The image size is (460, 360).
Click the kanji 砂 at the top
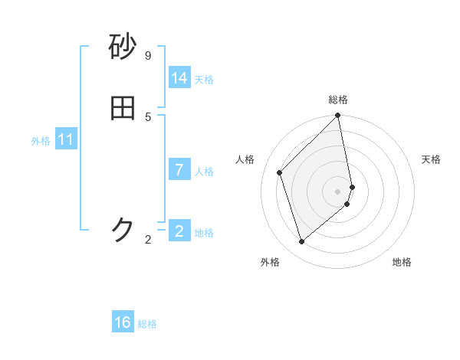tap(123, 47)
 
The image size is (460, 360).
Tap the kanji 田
tap(123, 109)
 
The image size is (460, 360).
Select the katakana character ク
tap(123, 230)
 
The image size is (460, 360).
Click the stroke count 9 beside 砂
tap(148, 56)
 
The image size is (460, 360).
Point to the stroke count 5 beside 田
tap(148, 116)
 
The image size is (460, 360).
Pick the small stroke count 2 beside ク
tap(148, 240)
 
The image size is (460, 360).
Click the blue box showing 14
tap(179, 78)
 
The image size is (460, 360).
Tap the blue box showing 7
tap(179, 170)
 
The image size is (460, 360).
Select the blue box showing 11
tap(66, 140)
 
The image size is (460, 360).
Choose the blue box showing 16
tap(123, 322)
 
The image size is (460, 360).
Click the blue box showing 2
tap(179, 231)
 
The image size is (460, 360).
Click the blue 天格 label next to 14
tap(204, 80)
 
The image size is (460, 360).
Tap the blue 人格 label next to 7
tap(204, 172)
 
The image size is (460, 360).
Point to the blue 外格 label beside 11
tap(41, 141)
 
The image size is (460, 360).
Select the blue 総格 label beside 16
tap(147, 324)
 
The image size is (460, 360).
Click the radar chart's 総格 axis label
tap(338, 100)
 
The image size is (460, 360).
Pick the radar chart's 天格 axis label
tap(431, 159)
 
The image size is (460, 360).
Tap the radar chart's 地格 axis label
tap(402, 262)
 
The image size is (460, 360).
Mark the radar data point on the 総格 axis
tap(338, 116)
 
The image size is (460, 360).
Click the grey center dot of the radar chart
tap(338, 191)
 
